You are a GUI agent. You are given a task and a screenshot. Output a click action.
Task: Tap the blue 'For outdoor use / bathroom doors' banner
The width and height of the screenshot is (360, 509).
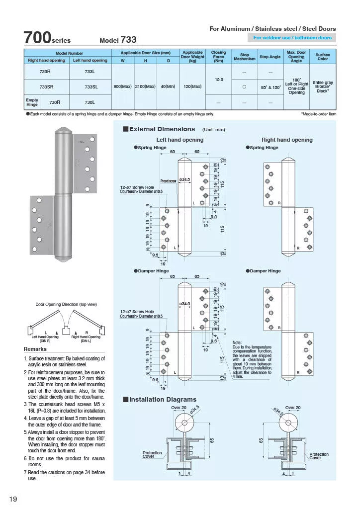(292, 38)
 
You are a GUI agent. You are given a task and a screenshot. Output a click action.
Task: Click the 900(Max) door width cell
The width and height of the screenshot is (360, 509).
(122, 86)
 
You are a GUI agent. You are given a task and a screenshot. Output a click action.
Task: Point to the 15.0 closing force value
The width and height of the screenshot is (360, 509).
(218, 80)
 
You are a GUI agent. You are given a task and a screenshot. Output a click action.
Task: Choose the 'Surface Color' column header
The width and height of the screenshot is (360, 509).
(323, 56)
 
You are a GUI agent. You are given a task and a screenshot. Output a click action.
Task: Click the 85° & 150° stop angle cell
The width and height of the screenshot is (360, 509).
(270, 86)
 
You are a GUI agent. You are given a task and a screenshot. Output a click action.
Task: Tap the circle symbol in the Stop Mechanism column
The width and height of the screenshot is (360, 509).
(244, 86)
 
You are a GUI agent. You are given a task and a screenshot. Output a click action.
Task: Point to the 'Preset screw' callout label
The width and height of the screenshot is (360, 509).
(168, 180)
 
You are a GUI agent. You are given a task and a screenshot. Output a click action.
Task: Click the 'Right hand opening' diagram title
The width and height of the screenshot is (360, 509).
(287, 140)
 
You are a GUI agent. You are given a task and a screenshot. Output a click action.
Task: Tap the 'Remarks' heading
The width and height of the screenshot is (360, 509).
(35, 349)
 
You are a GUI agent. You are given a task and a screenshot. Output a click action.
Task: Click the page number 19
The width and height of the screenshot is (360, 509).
(13, 499)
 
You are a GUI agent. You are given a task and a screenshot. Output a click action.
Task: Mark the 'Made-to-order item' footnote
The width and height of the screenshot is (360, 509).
(318, 114)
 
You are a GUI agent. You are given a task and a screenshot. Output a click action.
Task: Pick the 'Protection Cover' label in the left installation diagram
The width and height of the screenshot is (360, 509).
(152, 455)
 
